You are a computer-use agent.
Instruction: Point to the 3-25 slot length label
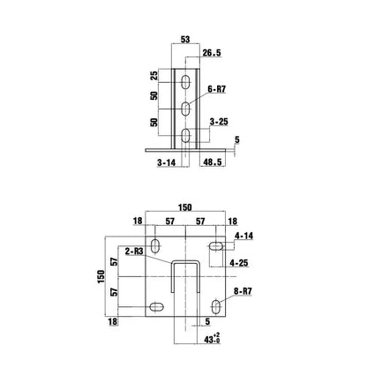(x=220, y=121)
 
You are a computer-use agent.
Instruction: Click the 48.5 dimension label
(x=213, y=164)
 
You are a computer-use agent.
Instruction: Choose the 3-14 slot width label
(x=169, y=164)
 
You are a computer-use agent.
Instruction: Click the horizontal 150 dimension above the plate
(x=184, y=207)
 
